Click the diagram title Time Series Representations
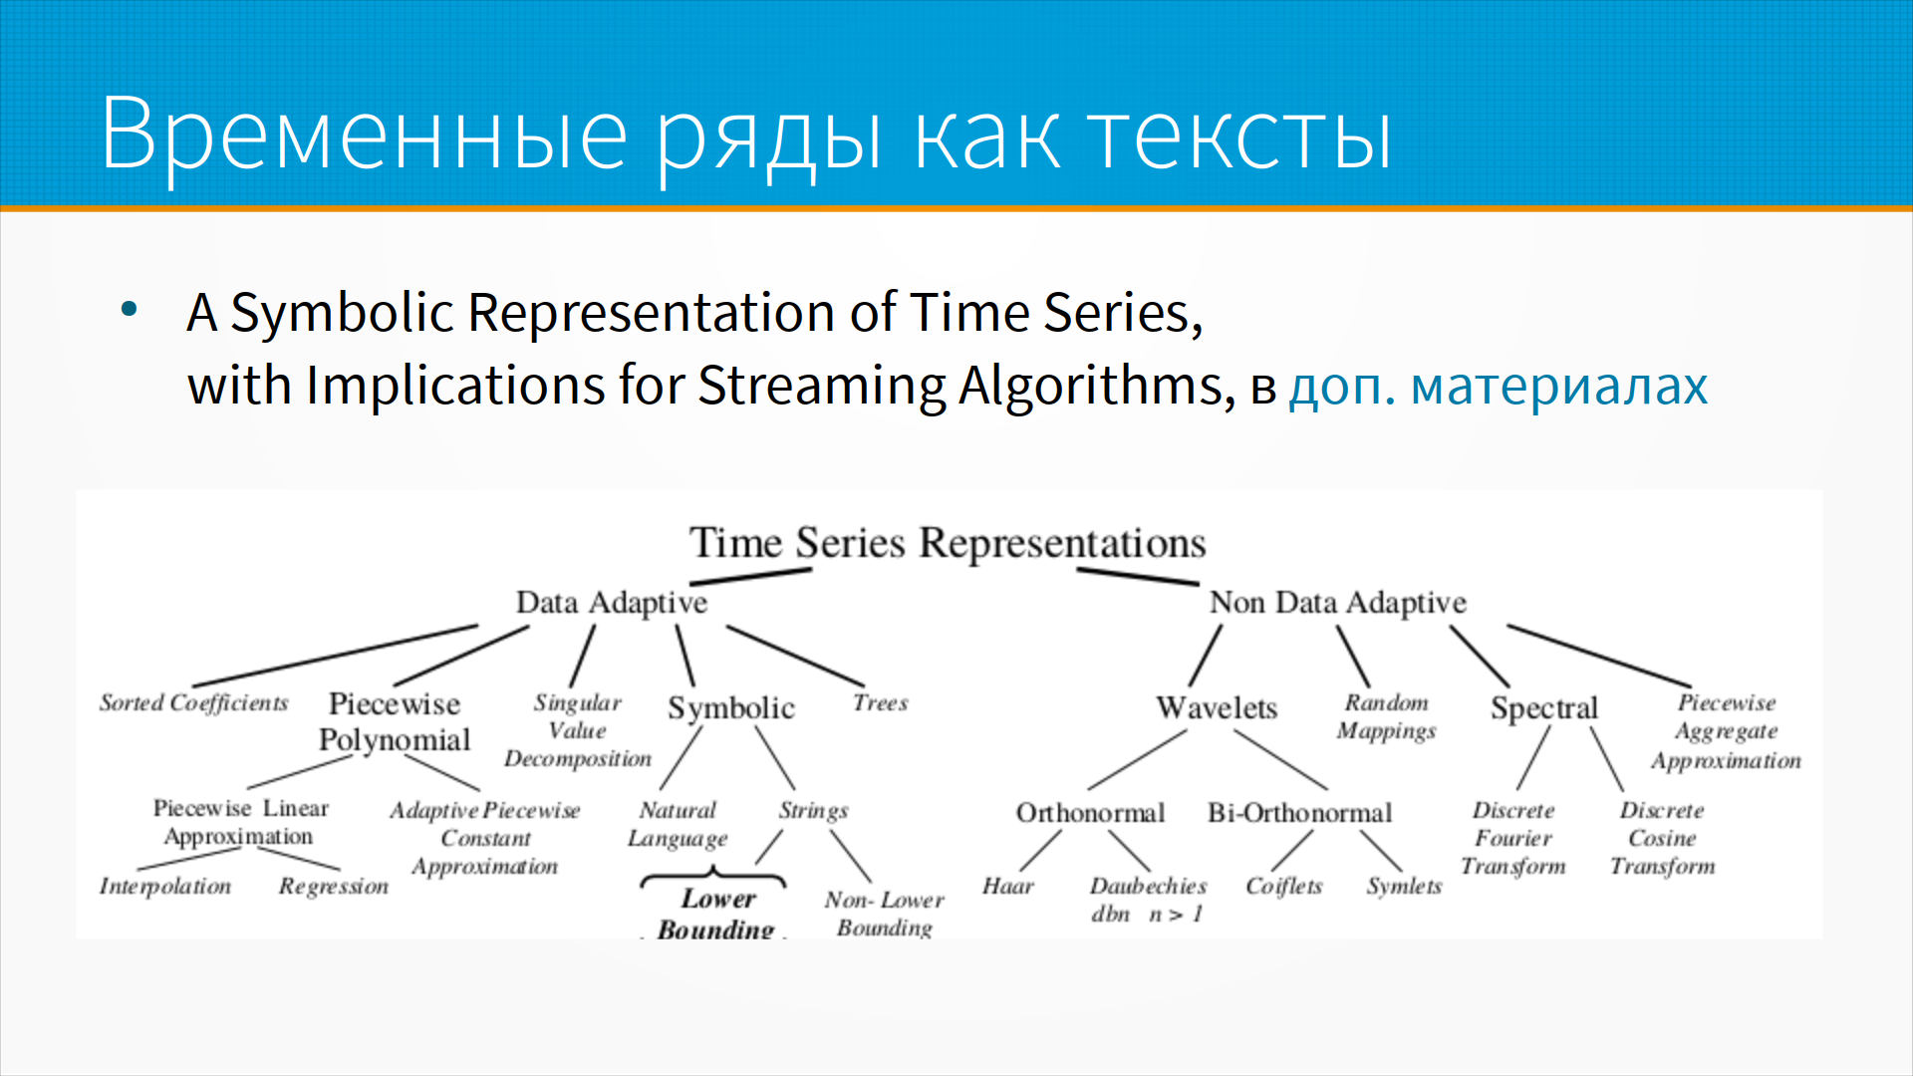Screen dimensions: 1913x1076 click(948, 543)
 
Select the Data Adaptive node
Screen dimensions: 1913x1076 click(612, 603)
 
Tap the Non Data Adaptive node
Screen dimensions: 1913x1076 click(1338, 603)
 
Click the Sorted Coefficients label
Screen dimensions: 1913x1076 click(194, 702)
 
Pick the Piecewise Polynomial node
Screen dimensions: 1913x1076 click(395, 721)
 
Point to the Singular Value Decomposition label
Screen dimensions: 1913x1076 click(578, 730)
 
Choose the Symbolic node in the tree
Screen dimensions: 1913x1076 click(731, 708)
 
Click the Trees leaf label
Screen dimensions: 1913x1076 click(881, 702)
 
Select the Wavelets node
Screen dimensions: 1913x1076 click(1217, 707)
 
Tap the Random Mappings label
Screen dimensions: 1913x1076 click(1387, 717)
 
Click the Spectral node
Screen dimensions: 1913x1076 click(1544, 708)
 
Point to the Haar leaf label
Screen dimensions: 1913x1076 click(1008, 886)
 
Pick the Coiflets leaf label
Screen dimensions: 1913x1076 click(1284, 886)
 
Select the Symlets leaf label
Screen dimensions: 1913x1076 click(1405, 886)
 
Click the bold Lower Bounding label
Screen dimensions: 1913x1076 click(717, 914)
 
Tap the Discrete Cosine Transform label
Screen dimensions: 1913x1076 click(1663, 839)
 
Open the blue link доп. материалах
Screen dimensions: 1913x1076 click(1499, 387)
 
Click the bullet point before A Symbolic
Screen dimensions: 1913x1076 click(129, 309)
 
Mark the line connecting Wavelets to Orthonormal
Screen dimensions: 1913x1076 click(1137, 760)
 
